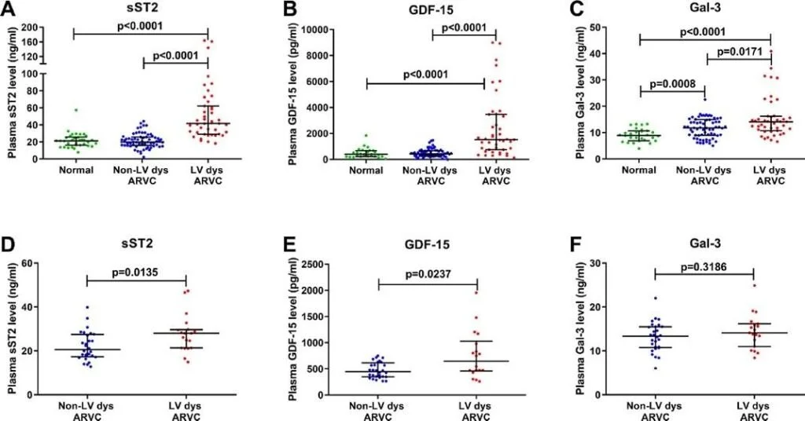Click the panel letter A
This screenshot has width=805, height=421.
click(x=13, y=11)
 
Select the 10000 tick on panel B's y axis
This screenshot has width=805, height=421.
click(x=318, y=29)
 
